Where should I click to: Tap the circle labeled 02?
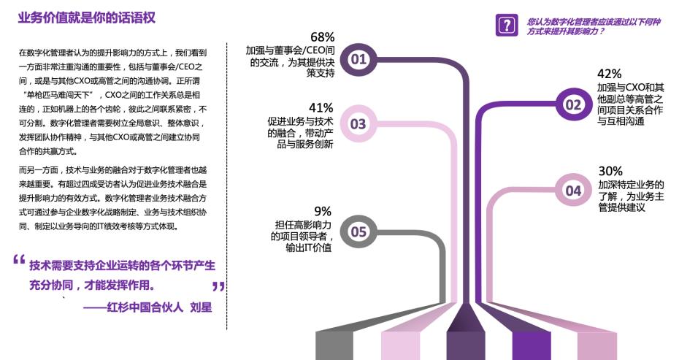tap(573, 104)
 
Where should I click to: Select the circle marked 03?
tap(358, 124)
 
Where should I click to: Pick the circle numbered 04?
tap(573, 191)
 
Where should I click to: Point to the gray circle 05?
tap(358, 232)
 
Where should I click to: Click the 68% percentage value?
tap(322, 37)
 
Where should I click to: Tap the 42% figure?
tap(609, 74)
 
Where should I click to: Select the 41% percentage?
tap(321, 107)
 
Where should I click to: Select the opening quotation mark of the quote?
tap(19, 260)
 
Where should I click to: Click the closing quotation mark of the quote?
tap(218, 286)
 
